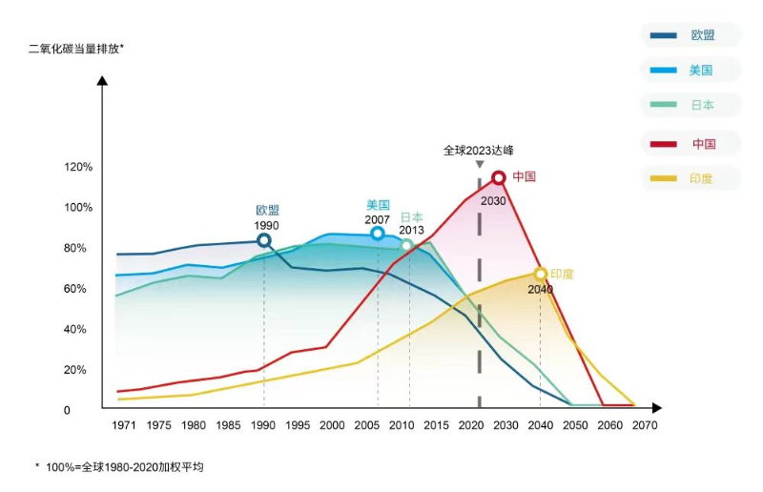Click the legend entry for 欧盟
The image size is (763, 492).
(691, 35)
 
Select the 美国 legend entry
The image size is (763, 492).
(691, 71)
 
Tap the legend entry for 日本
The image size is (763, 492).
(691, 106)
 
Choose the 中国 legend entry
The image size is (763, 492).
(691, 144)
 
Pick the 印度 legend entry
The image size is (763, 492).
(691, 178)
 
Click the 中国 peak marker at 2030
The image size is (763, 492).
(498, 177)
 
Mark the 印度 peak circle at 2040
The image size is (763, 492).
(541, 275)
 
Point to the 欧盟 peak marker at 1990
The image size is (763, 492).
(264, 240)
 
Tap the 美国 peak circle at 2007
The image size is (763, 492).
(378, 234)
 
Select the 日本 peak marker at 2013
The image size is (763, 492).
(407, 245)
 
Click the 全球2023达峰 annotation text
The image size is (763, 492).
(479, 150)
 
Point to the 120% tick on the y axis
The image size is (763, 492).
(78, 167)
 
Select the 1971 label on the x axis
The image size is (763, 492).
(124, 425)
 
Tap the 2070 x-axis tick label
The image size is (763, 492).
(645, 425)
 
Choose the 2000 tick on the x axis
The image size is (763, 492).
(332, 425)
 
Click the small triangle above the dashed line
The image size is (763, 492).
(479, 165)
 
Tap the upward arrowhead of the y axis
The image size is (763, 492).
(102, 80)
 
